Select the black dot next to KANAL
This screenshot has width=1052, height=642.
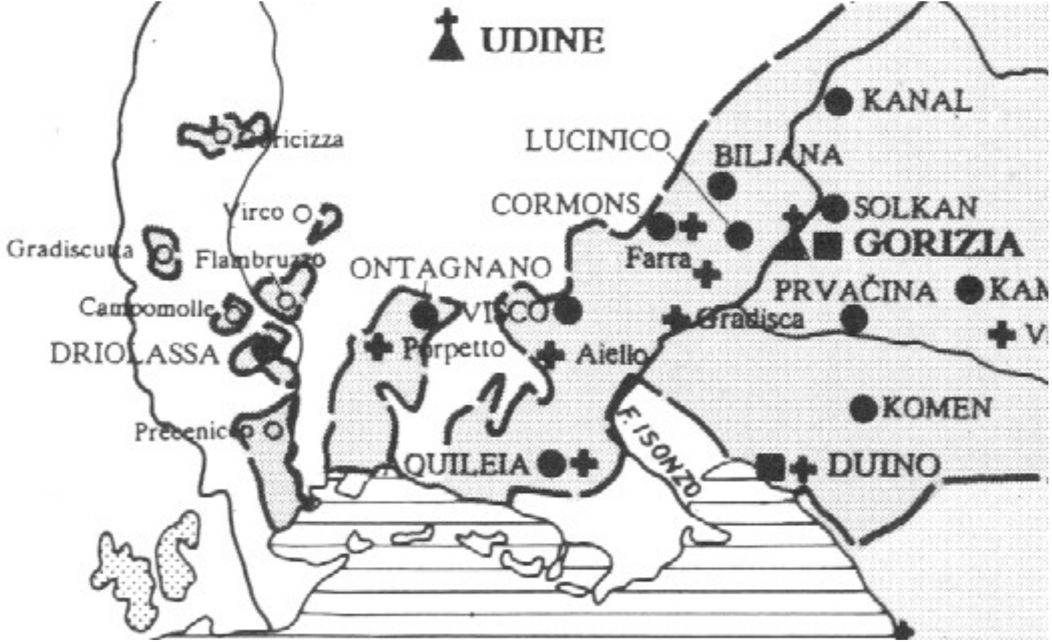coord(839,102)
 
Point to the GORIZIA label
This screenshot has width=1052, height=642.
coord(938,244)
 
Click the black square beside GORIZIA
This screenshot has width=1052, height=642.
coord(828,246)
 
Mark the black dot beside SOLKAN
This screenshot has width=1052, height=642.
coord(834,208)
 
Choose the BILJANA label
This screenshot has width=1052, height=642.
coord(778,155)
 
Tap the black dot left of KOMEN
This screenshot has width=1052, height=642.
coord(863,408)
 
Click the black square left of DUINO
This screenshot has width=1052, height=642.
coord(770,467)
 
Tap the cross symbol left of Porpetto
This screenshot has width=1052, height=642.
coord(379,346)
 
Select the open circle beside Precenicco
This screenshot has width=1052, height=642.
coord(272,430)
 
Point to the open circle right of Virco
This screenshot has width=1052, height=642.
coord(303,214)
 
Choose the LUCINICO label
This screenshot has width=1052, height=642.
coord(597,141)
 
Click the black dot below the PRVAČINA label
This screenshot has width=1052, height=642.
coord(854,319)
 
